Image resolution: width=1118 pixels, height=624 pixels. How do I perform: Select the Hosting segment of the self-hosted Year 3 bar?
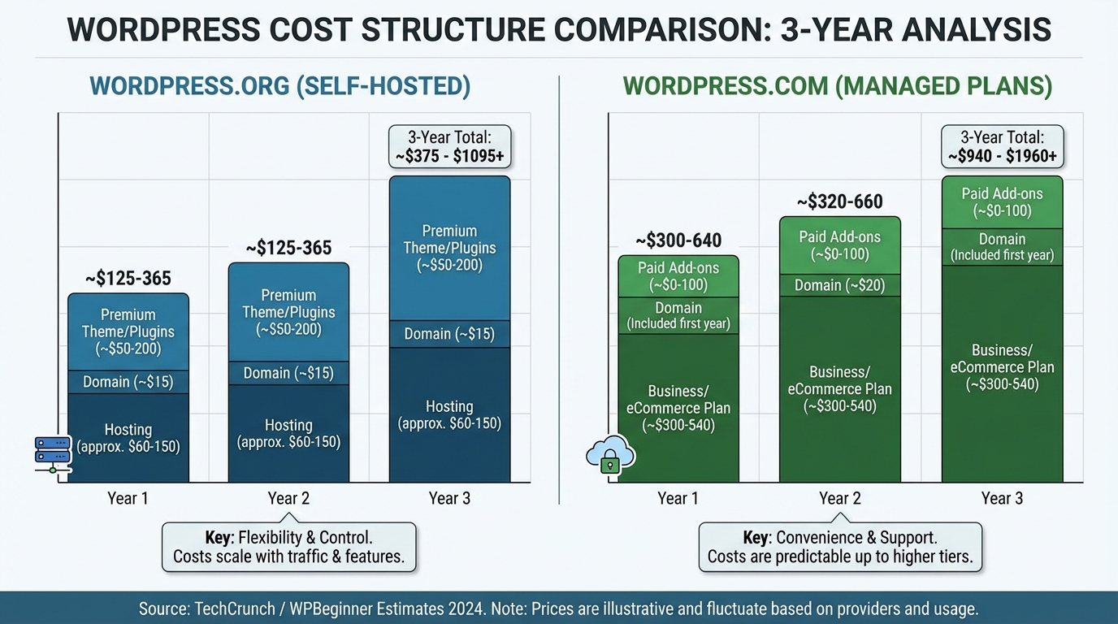pos(449,414)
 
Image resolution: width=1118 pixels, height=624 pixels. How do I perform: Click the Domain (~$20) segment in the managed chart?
pos(840,285)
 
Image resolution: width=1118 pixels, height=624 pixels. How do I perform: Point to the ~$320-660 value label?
pos(839,201)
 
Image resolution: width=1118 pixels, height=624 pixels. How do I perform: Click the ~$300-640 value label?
pos(678,240)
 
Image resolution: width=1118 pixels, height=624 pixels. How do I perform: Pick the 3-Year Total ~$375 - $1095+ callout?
pos(449,147)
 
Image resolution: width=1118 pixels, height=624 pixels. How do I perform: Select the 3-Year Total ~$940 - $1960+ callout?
pos(1002,147)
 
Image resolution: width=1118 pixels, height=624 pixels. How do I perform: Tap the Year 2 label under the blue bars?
pos(288,498)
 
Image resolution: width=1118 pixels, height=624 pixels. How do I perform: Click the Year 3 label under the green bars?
pos(1002,498)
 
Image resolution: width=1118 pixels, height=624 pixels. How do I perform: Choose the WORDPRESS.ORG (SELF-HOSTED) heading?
pos(280,87)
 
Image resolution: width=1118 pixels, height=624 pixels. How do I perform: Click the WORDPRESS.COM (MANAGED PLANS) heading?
pos(838,87)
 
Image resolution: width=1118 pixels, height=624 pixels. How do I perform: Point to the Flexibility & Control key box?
pos(288,547)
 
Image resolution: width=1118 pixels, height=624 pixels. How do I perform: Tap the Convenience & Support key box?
pos(840,547)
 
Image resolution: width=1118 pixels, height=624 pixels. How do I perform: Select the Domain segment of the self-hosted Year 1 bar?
pos(128,382)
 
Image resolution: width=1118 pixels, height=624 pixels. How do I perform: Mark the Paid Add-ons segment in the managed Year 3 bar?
pos(1002,202)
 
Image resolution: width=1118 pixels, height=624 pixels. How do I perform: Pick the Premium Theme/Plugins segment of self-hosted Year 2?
pos(288,312)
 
